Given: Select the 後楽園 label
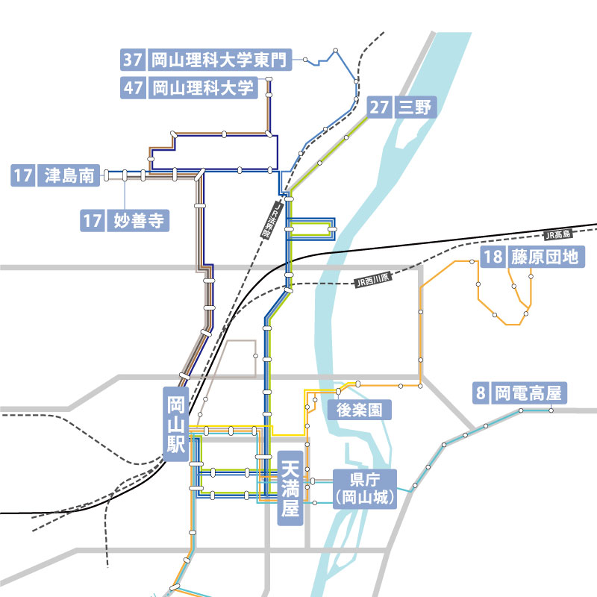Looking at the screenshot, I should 354,410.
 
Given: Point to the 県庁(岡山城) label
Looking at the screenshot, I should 364,489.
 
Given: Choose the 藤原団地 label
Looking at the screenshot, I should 544,258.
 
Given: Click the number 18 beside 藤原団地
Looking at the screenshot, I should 493,258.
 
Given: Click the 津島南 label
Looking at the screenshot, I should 68,176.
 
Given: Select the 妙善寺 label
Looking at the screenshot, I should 137,221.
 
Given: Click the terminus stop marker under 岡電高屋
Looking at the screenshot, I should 551,410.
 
